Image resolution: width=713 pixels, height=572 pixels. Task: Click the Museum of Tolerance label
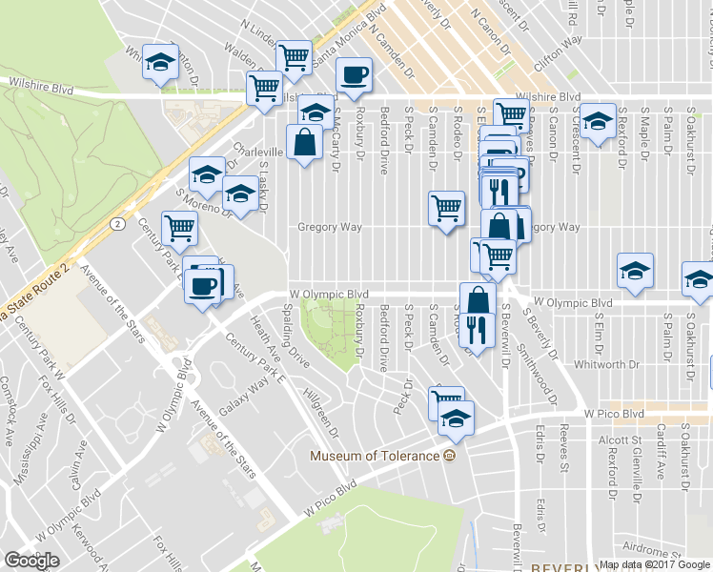coord(375,455)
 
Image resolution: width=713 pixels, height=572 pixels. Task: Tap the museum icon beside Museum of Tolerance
coord(449,455)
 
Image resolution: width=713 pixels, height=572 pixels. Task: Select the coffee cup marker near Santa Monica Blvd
coord(353,74)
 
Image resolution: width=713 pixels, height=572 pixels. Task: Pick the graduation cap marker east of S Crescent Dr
coord(598,123)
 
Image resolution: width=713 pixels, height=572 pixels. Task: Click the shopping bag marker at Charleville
coord(303,143)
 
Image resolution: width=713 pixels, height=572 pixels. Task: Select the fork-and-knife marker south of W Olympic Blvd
coord(474,330)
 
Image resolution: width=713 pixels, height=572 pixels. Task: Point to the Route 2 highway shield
coord(116,223)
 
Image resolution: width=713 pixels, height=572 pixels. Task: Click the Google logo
coord(31,561)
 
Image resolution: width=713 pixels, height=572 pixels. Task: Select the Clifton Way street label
coord(559,49)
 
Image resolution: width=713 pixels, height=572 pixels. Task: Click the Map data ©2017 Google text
coord(654,564)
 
